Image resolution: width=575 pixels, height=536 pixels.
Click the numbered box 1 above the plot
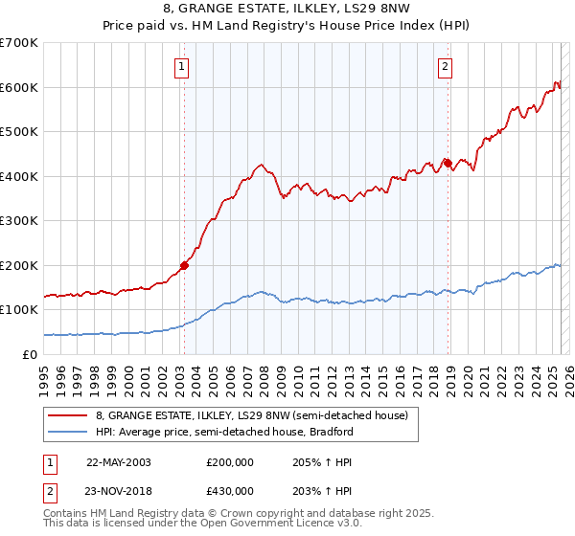point(182,66)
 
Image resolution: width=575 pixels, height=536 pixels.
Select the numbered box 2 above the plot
point(447,66)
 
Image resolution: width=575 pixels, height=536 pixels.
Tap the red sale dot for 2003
point(184,266)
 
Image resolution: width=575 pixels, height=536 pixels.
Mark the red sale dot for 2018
point(448,163)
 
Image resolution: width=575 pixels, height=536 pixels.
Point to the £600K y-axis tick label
point(19,87)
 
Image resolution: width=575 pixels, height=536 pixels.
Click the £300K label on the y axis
point(19,221)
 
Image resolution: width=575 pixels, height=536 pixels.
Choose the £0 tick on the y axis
point(31,354)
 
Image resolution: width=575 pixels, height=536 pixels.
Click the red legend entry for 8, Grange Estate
point(252,415)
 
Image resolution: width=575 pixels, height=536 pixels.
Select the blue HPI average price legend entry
point(225,432)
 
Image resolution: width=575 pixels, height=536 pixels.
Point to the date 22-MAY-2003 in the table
point(119,461)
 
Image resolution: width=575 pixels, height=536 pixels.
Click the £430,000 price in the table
point(230,490)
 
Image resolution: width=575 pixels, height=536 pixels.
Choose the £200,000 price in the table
point(230,461)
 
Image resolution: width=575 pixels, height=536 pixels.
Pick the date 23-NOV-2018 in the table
point(119,490)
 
